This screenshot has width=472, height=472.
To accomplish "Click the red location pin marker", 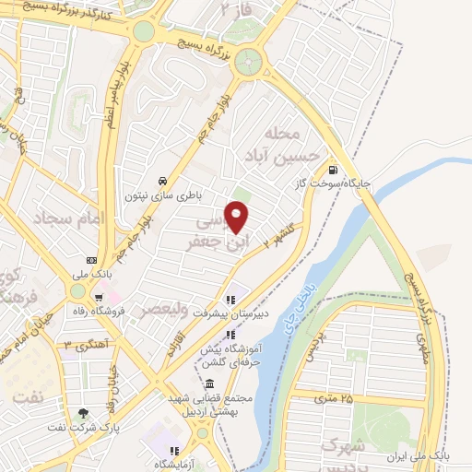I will (x=238, y=217).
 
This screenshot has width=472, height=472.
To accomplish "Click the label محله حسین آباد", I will (x=294, y=143).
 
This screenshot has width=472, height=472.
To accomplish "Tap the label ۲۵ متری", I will (x=333, y=398).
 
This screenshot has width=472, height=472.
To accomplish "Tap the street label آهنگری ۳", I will (x=80, y=345).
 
